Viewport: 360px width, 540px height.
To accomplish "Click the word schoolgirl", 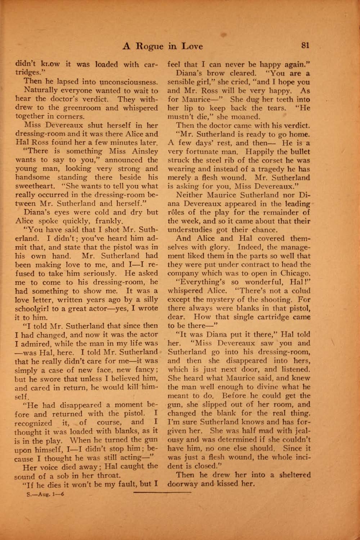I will [x=36, y=309].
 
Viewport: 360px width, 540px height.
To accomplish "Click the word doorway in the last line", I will [x=183, y=484].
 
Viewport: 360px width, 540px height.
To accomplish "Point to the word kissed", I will [x=229, y=484].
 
